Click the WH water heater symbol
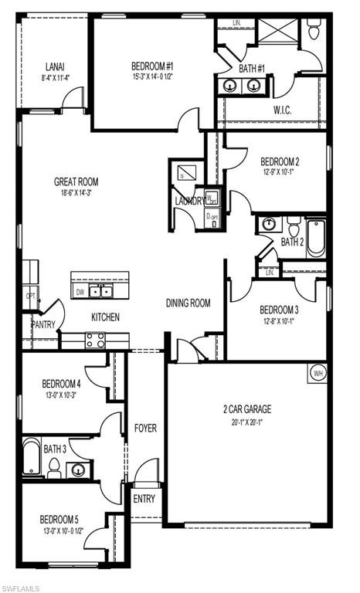click(318, 373)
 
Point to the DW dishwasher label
click(80, 292)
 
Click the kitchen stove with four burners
click(95, 339)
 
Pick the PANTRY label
click(43, 324)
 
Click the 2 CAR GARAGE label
click(247, 409)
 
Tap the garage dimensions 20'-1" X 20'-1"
click(247, 422)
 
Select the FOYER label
click(145, 427)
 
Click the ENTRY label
click(144, 499)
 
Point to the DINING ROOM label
click(188, 303)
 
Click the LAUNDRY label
click(190, 202)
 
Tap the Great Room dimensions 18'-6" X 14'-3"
click(76, 193)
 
